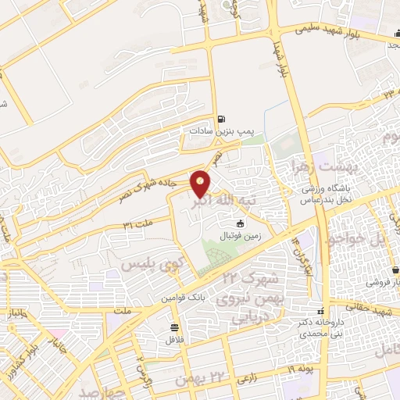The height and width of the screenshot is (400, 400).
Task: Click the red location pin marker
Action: (202, 184)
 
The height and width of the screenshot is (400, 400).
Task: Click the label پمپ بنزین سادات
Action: (216, 133)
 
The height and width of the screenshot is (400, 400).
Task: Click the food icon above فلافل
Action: (173, 327)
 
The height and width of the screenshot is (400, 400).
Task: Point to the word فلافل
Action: (173, 340)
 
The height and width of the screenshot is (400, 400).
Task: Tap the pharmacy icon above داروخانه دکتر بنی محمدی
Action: (320, 308)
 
